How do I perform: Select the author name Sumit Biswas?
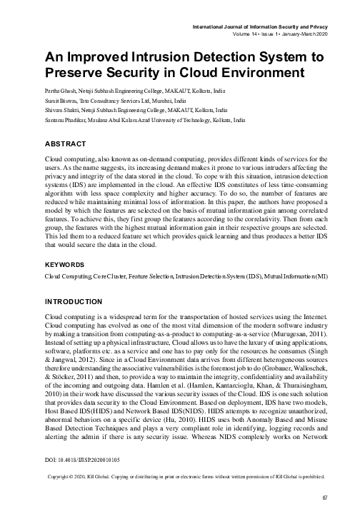[x=61, y=101]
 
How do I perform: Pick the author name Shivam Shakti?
[x=62, y=111]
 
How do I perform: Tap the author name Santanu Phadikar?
[x=65, y=121]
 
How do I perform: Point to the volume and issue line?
[x=281, y=34]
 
